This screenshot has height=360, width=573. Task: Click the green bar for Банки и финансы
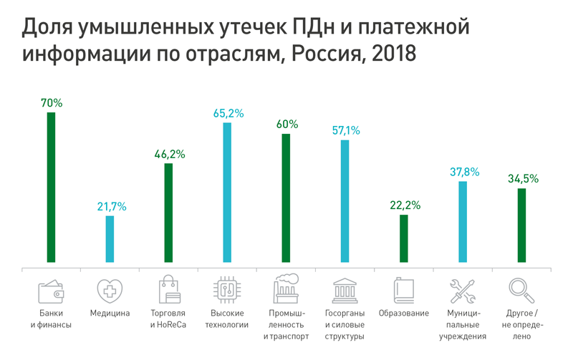[51, 188]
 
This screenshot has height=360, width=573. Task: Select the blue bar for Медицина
[110, 239]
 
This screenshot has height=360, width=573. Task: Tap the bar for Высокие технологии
[227, 193]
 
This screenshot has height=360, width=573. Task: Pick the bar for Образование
[404, 239]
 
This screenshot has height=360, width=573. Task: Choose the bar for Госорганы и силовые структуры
[345, 202]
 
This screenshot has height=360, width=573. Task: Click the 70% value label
[52, 103]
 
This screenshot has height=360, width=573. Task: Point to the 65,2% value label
[228, 113]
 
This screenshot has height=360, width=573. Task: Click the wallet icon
[52, 291]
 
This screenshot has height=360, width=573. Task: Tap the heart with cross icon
[110, 291]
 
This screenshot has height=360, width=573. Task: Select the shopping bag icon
[169, 290]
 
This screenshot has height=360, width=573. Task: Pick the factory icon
[286, 290]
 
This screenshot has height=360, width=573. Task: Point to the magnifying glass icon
[520, 291]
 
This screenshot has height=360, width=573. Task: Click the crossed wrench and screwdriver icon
[462, 291]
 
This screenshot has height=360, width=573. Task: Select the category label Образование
[404, 313]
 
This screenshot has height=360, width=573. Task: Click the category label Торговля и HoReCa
[168, 319]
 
